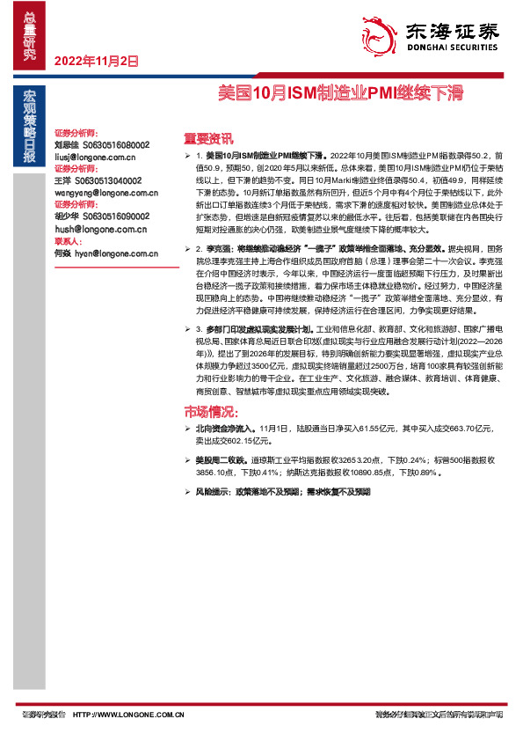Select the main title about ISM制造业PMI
[340, 92]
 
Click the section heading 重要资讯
[208, 137]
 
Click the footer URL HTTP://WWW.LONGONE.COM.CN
[128, 714]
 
